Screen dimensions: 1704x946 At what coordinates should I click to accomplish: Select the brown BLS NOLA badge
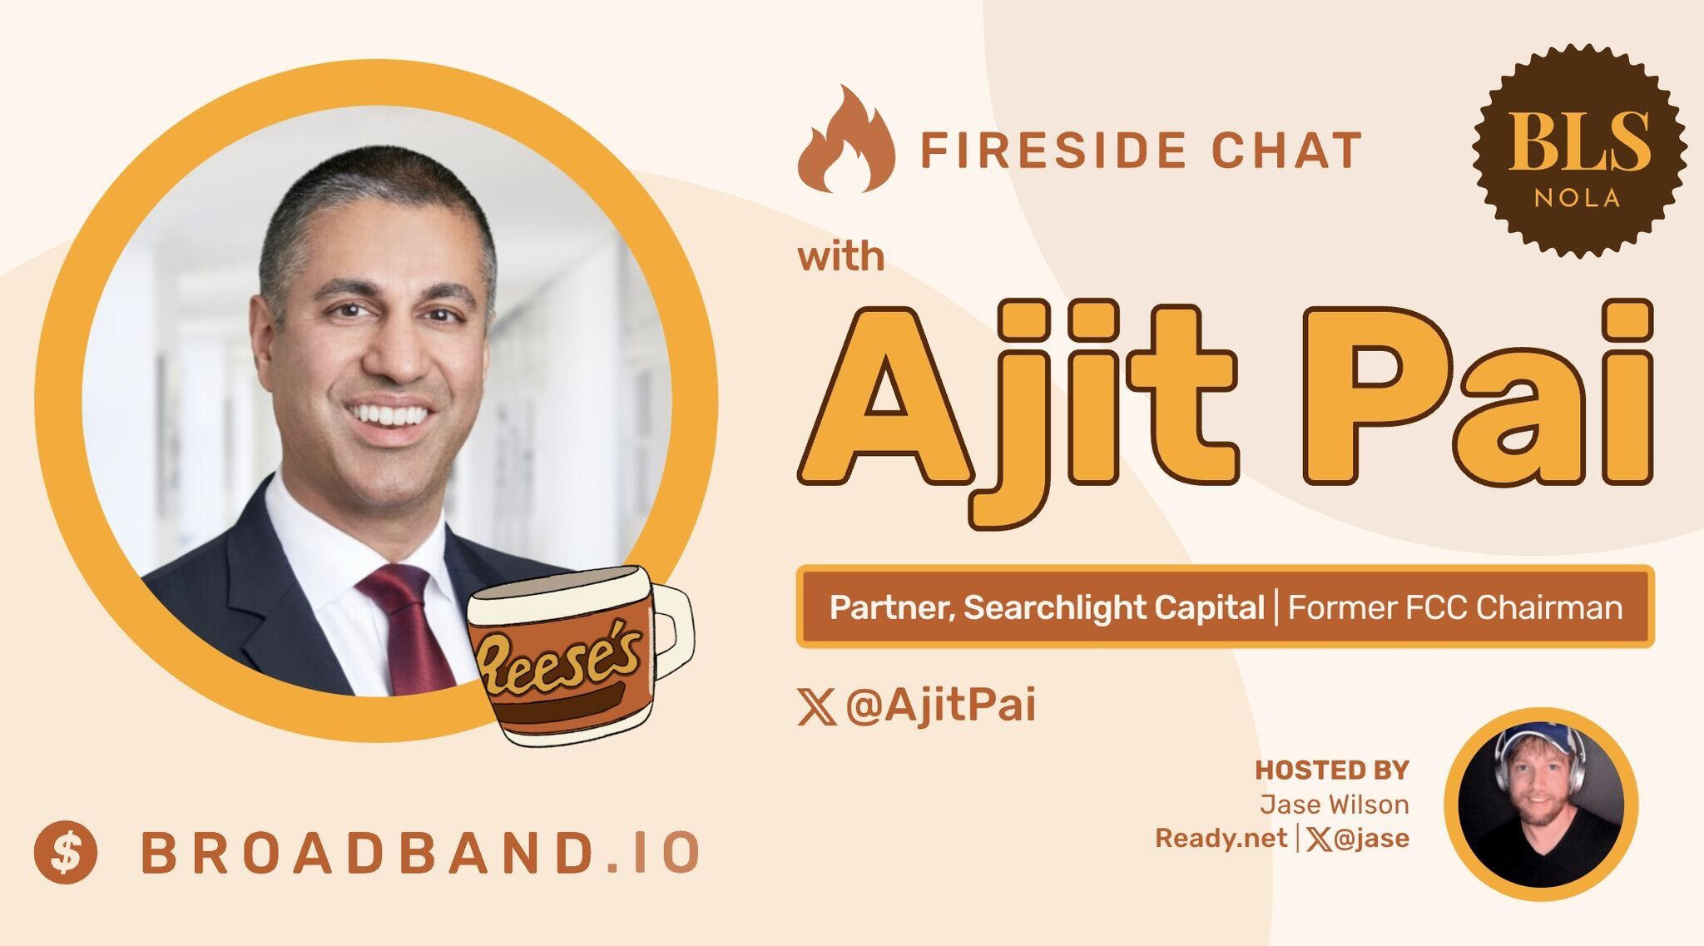(1578, 150)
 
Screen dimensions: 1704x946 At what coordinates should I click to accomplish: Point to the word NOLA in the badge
(1578, 198)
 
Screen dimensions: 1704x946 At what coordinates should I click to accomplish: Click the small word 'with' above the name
(841, 256)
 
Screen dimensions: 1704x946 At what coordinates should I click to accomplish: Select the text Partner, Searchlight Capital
(1047, 608)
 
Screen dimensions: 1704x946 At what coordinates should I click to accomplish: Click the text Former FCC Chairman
(1455, 608)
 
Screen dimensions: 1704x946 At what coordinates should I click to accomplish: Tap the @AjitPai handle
(940, 706)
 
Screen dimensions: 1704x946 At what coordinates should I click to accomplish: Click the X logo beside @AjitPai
(817, 708)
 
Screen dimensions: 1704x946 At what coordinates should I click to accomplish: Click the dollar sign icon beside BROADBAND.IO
(66, 852)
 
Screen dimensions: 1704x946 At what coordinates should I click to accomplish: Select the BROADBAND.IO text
(419, 853)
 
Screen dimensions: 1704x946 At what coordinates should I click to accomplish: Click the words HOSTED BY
(1331, 770)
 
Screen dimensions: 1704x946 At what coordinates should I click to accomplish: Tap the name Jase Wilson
(1334, 805)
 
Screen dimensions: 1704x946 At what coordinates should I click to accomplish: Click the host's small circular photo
(1541, 805)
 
